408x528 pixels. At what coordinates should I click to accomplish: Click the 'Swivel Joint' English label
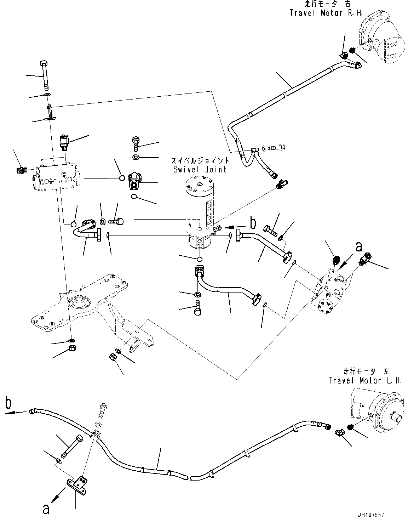pyautogui.click(x=200, y=169)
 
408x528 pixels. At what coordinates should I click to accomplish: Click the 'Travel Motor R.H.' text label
pyautogui.click(x=321, y=13)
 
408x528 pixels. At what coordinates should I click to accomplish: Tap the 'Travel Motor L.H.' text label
pyautogui.click(x=364, y=380)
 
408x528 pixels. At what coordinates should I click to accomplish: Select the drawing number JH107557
pyautogui.click(x=370, y=515)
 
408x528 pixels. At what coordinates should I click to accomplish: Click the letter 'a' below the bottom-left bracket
pyautogui.click(x=46, y=509)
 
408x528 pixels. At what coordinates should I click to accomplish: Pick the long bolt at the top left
pyautogui.click(x=45, y=75)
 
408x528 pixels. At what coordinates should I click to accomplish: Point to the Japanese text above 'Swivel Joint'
pyautogui.click(x=200, y=160)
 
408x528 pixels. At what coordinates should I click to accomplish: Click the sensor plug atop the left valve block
pyautogui.click(x=64, y=142)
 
